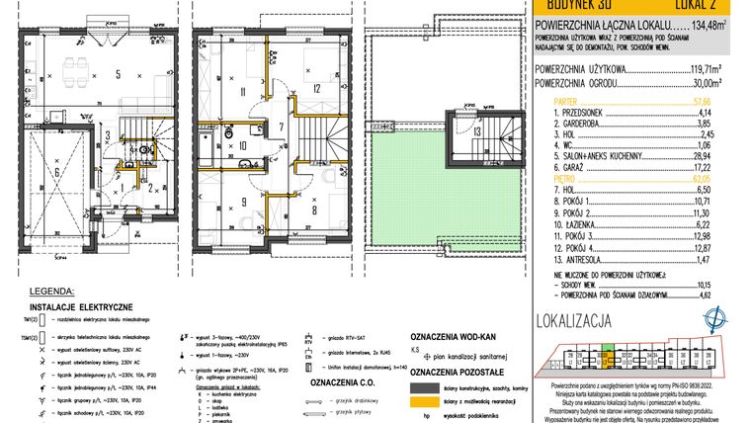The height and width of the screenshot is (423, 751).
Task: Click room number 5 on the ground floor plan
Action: [x=117, y=73]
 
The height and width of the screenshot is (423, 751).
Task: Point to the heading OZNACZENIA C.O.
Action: [x=339, y=381]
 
